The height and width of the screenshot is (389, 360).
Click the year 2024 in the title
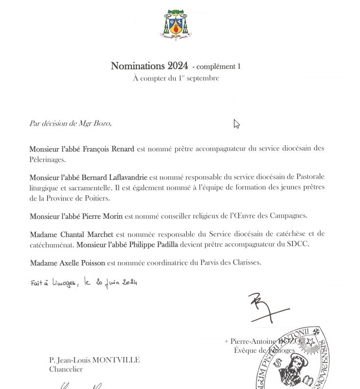(x=178, y=66)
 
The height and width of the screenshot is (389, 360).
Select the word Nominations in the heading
(x=138, y=66)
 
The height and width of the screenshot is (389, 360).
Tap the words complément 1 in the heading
(x=219, y=67)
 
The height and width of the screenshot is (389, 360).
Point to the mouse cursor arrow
(x=236, y=124)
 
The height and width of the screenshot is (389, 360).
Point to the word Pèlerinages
(x=47, y=159)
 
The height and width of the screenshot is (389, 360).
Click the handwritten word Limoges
(x=60, y=284)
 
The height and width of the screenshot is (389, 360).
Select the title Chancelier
(x=66, y=369)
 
